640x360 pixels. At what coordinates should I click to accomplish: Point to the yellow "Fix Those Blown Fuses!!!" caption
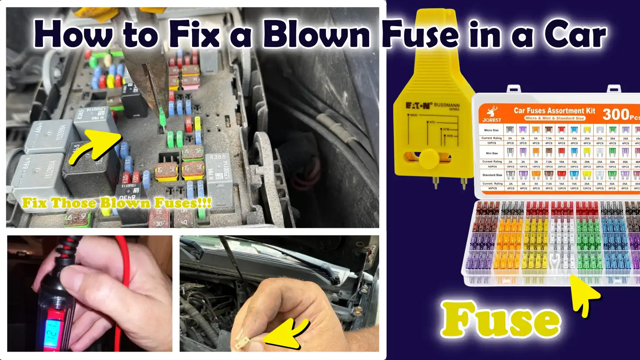tap(117, 203)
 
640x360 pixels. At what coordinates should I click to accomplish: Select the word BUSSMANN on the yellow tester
tap(447, 105)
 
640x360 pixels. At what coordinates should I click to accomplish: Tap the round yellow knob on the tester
tap(429, 158)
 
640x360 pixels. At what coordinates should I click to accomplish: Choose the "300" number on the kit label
tap(616, 114)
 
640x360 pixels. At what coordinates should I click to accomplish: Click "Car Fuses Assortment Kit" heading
tap(555, 110)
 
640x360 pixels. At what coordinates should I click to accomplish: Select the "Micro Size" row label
tap(491, 130)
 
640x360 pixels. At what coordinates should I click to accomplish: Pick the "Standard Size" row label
tap(492, 175)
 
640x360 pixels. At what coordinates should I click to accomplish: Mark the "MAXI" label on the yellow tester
tap(413, 115)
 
